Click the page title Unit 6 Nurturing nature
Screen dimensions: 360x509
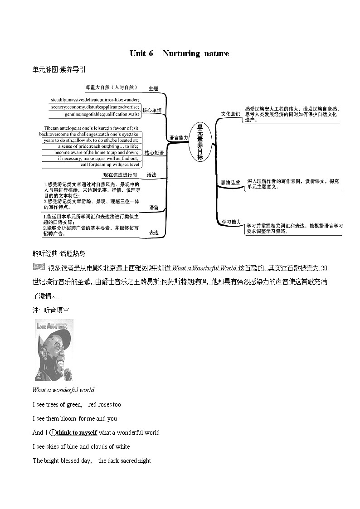tap(179, 53)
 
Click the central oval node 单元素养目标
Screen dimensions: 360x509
tap(200, 141)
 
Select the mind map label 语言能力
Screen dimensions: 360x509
tap(178, 138)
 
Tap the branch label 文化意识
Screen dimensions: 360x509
tap(230, 114)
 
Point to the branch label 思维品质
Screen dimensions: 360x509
tap(230, 183)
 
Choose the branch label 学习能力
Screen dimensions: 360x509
tap(231, 222)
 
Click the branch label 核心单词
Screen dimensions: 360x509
tap(151, 110)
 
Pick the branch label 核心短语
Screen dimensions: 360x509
tap(153, 153)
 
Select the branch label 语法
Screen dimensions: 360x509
tap(151, 175)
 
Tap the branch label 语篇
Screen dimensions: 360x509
tap(154, 208)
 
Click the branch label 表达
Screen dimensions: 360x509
tap(154, 233)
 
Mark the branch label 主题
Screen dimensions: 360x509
tap(153, 88)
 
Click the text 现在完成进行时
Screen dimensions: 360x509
tap(120, 175)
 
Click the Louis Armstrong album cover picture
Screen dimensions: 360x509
tap(54, 350)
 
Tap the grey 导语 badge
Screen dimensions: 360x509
tap(39, 267)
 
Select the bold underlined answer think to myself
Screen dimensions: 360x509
tap(77, 432)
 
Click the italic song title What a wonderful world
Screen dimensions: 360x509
tap(63, 390)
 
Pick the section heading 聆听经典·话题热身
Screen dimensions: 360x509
tap(58, 253)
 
